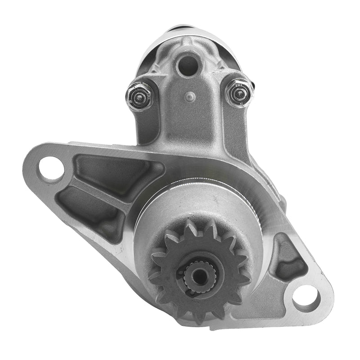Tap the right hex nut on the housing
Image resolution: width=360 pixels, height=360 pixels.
[x=238, y=93]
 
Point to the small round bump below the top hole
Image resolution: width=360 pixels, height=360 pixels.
[x=191, y=96]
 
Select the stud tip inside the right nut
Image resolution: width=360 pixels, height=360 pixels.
[x=240, y=93]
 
